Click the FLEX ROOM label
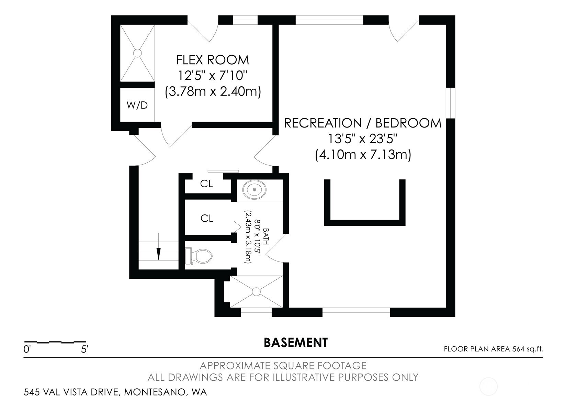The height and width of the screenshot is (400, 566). click(x=213, y=60)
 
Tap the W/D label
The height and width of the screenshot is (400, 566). click(x=137, y=105)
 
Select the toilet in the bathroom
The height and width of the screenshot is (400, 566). click(x=199, y=256)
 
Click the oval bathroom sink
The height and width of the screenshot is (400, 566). click(x=254, y=190)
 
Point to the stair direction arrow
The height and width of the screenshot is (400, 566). click(x=158, y=246)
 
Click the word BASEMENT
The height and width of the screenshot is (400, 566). click(x=296, y=343)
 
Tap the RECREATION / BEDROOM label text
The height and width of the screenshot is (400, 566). click(x=363, y=123)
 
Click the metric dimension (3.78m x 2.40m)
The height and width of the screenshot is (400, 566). click(x=213, y=91)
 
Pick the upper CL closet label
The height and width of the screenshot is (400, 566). click(x=206, y=184)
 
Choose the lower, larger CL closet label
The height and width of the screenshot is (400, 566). click(x=207, y=218)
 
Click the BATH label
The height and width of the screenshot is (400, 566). click(x=266, y=237)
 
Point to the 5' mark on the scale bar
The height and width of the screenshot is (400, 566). click(x=84, y=349)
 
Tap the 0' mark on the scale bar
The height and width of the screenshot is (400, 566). click(x=27, y=349)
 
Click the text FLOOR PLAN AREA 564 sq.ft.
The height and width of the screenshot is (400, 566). click(x=494, y=349)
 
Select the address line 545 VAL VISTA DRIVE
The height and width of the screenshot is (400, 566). click(x=115, y=392)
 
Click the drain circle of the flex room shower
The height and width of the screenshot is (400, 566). click(x=137, y=53)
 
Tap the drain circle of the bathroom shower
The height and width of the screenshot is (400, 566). click(x=256, y=291)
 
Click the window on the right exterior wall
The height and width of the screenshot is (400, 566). click(x=451, y=103)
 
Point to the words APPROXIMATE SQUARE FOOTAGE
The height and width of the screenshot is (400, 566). click(x=283, y=366)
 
